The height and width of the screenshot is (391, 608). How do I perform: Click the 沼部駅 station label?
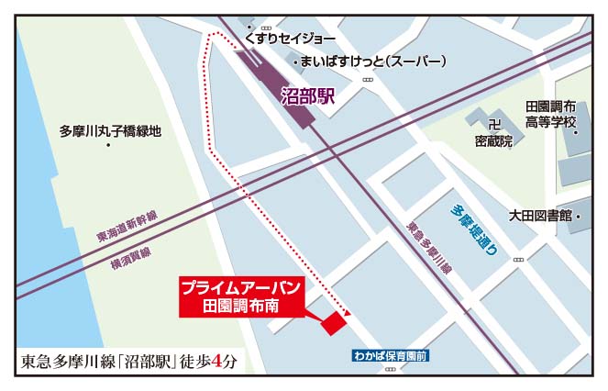[x=308, y=94]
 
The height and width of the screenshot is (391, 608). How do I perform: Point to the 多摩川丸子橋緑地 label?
[x=109, y=130]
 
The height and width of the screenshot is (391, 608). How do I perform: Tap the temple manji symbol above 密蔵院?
[x=493, y=124]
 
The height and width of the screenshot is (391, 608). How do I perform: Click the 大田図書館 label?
[x=540, y=215]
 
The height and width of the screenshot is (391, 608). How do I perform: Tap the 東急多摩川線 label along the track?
[x=428, y=247]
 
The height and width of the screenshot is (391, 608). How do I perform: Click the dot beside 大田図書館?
[x=580, y=216]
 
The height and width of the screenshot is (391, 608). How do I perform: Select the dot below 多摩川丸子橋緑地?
[x=109, y=146]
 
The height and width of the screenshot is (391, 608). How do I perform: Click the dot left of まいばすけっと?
[x=295, y=61]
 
